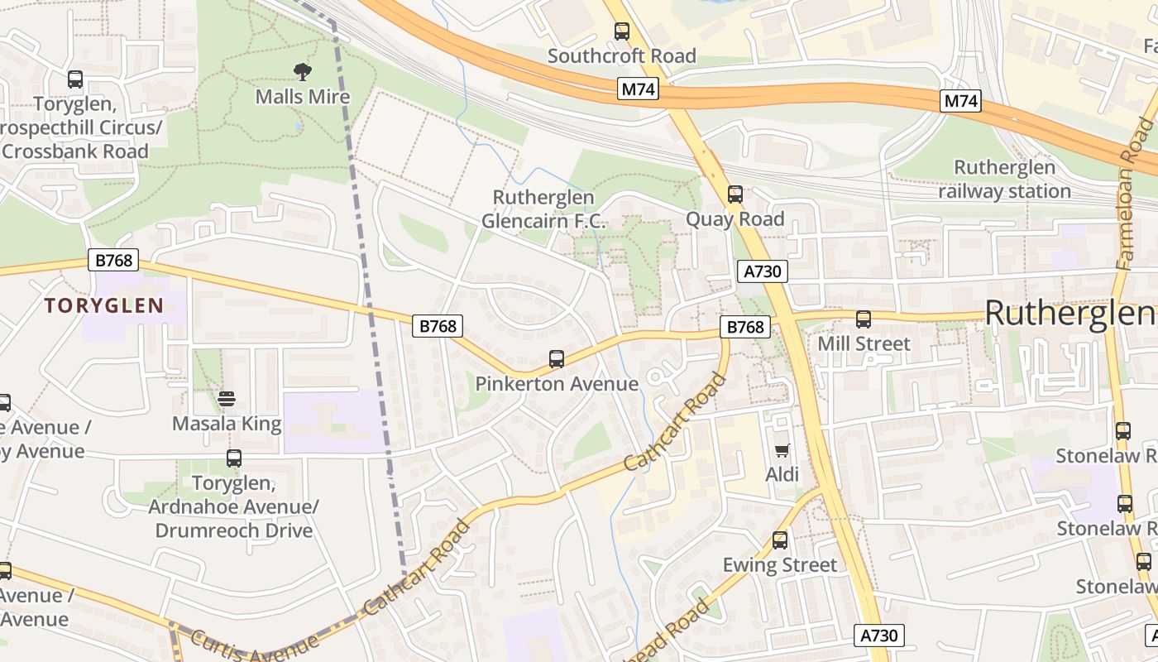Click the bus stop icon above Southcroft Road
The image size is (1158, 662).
click(x=622, y=32)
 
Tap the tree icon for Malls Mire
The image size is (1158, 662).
click(x=303, y=72)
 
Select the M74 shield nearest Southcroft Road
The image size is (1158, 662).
click(x=638, y=89)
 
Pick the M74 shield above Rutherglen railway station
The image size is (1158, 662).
click(x=960, y=102)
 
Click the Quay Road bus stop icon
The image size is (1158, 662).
click(x=735, y=195)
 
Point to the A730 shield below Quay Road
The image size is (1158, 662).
click(x=762, y=271)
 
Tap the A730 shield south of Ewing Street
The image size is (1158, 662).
click(x=878, y=636)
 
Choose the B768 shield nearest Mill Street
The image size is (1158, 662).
click(x=745, y=327)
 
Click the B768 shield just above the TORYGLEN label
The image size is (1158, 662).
click(x=113, y=260)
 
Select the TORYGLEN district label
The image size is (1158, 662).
click(x=104, y=306)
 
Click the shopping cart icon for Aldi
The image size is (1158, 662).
click(x=782, y=451)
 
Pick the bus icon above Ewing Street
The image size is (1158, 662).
click(x=779, y=541)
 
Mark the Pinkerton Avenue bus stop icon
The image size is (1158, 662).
click(x=557, y=359)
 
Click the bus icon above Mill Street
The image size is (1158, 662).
click(x=864, y=319)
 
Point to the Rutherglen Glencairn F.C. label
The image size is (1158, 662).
click(x=543, y=209)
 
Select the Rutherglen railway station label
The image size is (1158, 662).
click(x=1004, y=180)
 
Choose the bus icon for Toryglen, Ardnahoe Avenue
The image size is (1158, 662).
click(x=234, y=458)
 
